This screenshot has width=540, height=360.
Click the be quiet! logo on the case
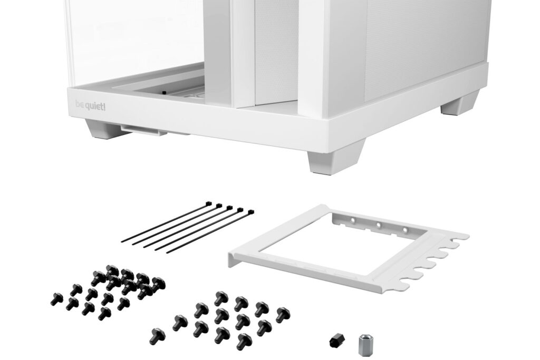pos(90,105)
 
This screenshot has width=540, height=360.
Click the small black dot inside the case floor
pos(163,93)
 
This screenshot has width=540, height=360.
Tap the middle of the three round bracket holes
pos(379,225)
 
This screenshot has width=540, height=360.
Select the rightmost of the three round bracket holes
pos(405,229)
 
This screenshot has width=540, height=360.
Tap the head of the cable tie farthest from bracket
pos(209,203)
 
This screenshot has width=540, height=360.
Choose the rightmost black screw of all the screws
pos(283,315)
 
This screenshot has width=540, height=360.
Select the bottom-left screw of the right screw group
pos(157,334)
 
